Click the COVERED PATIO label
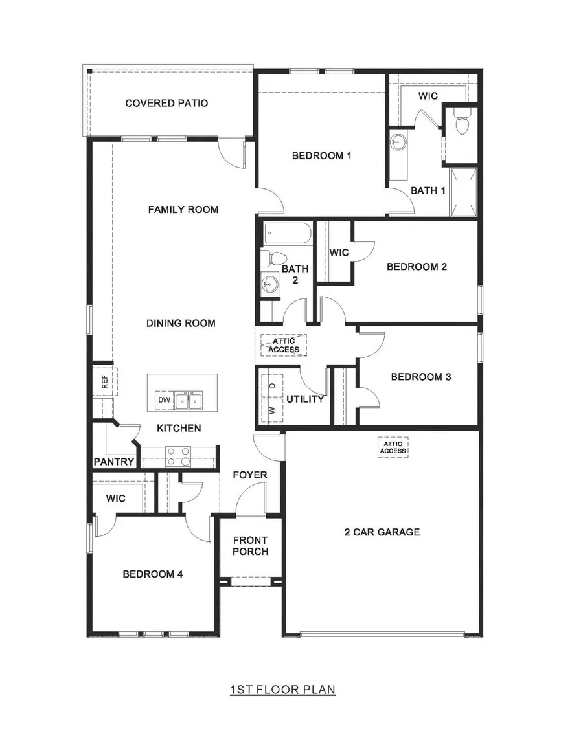166,103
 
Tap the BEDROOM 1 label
321,155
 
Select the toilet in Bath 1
461,123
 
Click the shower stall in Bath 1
463,192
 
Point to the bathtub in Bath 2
288,232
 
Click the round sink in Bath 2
269,284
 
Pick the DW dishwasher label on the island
163,401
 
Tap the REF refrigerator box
105,382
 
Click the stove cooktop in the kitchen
178,457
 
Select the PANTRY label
114,462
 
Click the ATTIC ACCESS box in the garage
393,447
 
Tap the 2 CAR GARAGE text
382,532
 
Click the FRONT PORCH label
250,546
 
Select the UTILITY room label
305,399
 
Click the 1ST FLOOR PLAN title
282,690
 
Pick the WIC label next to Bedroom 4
115,499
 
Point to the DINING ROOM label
181,323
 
